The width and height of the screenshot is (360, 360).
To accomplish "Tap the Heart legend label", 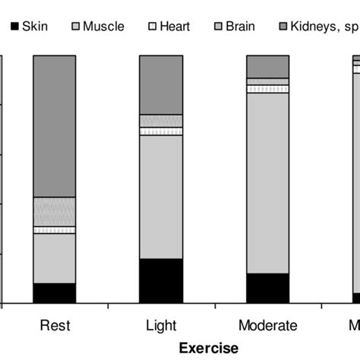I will (x=174, y=27).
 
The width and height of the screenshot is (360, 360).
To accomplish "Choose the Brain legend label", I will (x=240, y=27).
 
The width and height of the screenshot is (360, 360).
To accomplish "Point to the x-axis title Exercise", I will (x=208, y=347).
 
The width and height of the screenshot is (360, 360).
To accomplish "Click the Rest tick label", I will (x=55, y=326).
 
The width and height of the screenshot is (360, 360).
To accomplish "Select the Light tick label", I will (x=161, y=326).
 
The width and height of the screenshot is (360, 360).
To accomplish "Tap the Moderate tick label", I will (x=267, y=326).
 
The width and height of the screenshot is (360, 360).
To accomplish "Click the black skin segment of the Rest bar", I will (x=55, y=293).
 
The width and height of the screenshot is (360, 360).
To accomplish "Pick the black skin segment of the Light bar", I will (x=161, y=281).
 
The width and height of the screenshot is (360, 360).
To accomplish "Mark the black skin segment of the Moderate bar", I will (x=267, y=289).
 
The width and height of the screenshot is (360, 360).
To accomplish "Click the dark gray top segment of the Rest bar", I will (x=55, y=126).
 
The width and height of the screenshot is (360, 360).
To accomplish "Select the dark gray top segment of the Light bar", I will (x=161, y=84).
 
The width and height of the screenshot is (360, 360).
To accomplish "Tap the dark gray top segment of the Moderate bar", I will (x=267, y=66).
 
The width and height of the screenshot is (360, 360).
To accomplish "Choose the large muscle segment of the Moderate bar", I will (x=267, y=182).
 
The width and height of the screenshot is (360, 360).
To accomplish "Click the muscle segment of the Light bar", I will (x=161, y=197).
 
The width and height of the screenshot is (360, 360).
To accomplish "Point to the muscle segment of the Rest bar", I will (x=55, y=258).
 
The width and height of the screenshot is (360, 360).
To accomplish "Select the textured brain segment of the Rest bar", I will (x=55, y=211).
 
